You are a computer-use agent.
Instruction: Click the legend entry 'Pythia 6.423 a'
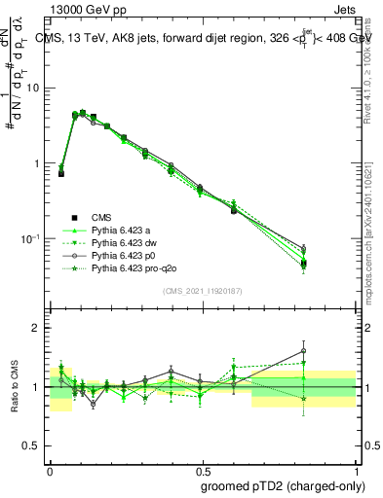pyautogui.click(x=122, y=230)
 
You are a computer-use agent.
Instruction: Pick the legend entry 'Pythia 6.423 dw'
pyautogui.click(x=126, y=242)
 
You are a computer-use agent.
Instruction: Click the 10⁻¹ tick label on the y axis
pyautogui.click(x=33, y=238)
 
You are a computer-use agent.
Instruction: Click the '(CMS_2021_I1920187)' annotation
pyautogui.click(x=203, y=291)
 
